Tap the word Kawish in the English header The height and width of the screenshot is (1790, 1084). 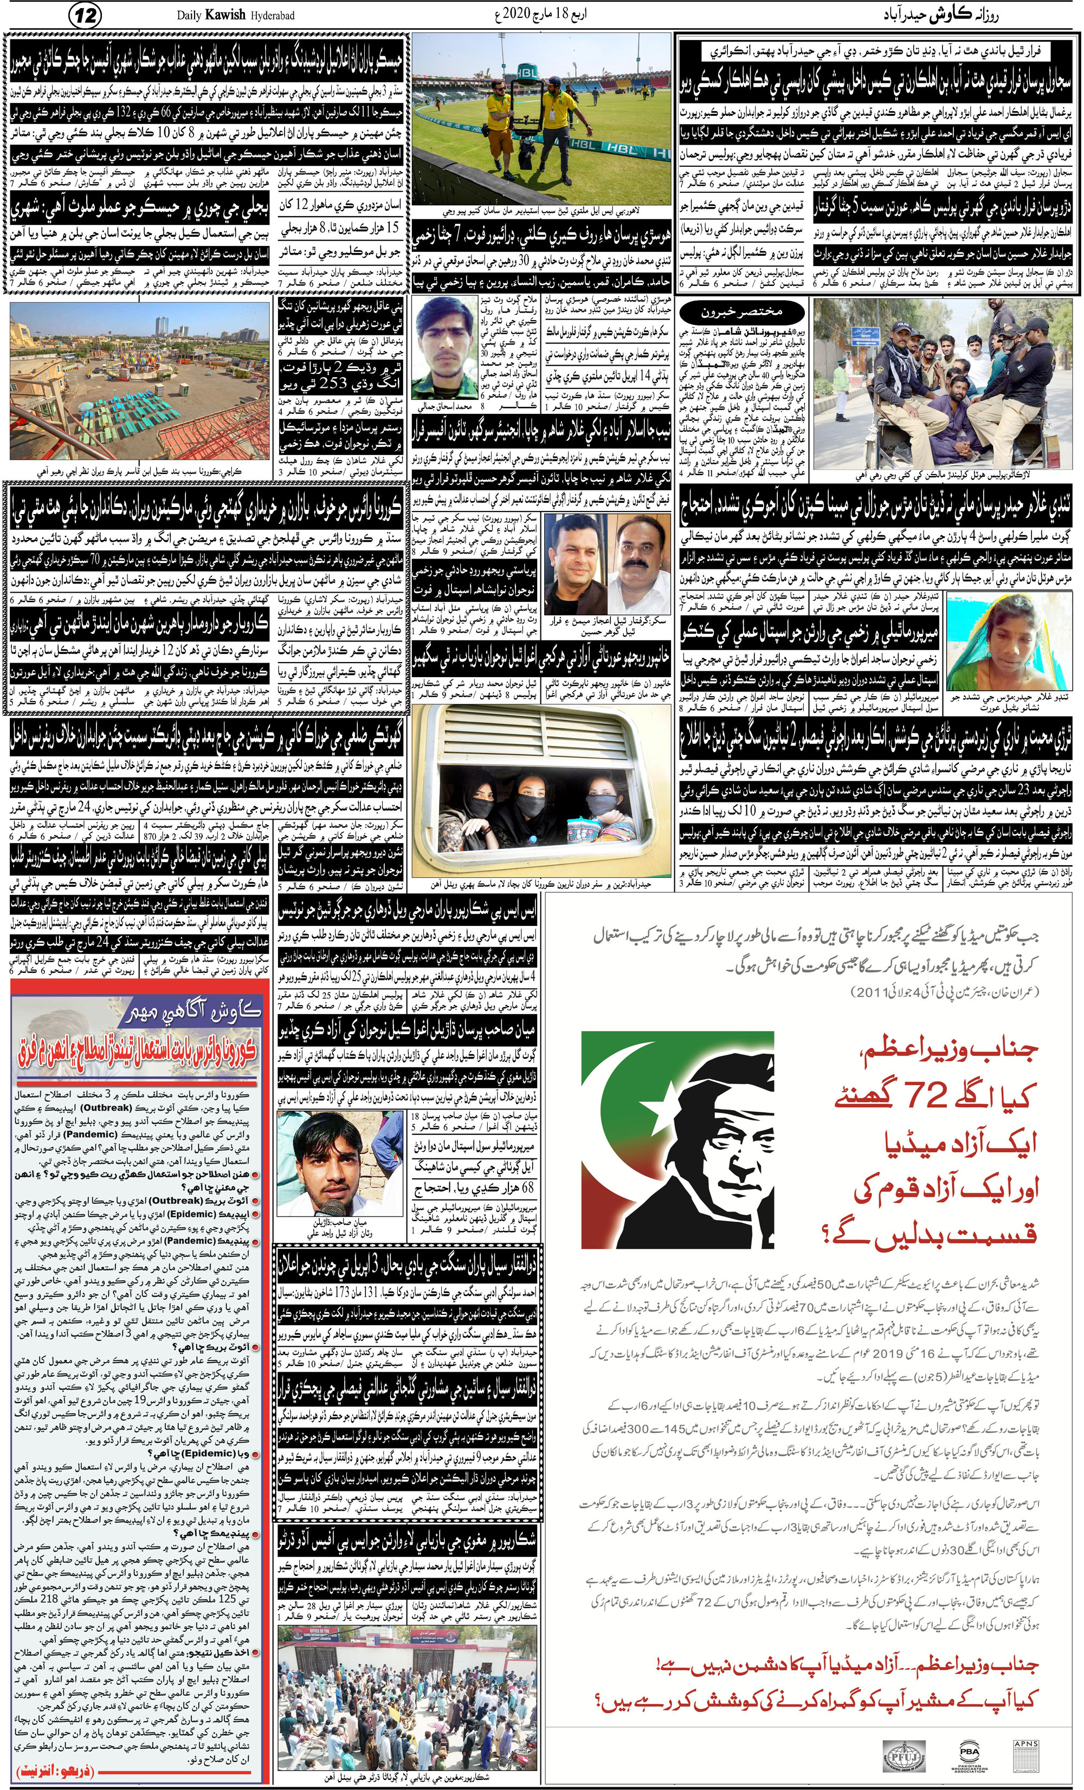point(225,15)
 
